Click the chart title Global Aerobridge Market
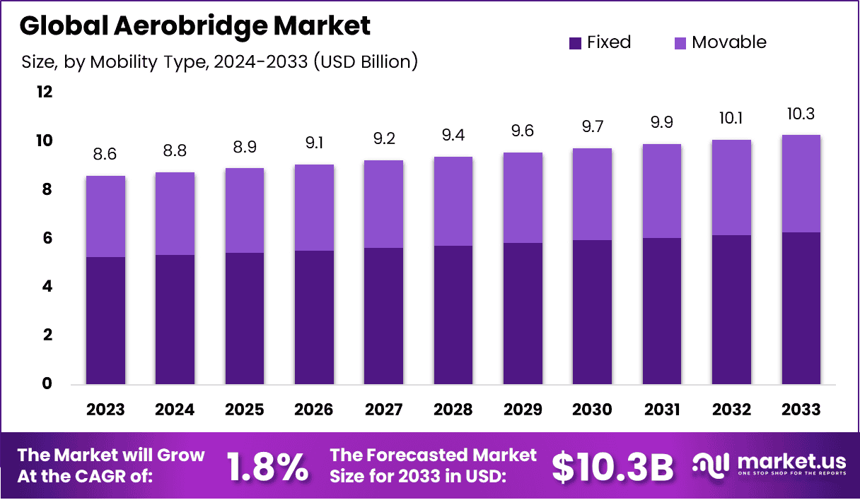pyautogui.click(x=195, y=26)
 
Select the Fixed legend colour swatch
pyautogui.click(x=575, y=43)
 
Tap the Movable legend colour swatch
pyautogui.click(x=679, y=43)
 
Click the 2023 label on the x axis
pyautogui.click(x=105, y=410)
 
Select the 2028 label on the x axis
pyautogui.click(x=453, y=410)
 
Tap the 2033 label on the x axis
pyautogui.click(x=801, y=410)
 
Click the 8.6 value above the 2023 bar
pyautogui.click(x=105, y=154)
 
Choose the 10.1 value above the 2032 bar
pyautogui.click(x=731, y=118)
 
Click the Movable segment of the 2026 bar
pyautogui.click(x=314, y=208)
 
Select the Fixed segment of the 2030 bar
pyautogui.click(x=593, y=312)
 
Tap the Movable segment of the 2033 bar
pyautogui.click(x=801, y=184)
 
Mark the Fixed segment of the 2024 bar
pyautogui.click(x=175, y=319)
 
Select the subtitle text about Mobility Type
pyautogui.click(x=219, y=62)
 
